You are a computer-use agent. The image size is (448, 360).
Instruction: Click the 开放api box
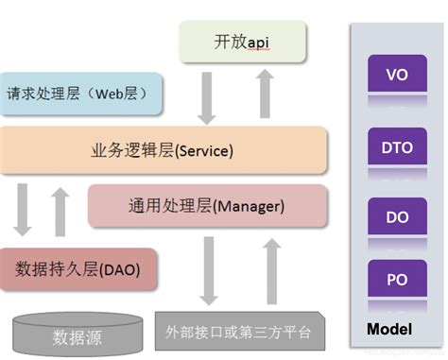pos(242,42)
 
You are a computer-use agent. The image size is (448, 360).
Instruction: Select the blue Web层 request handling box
pos(81,94)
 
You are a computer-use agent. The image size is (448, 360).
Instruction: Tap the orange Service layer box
pos(164,150)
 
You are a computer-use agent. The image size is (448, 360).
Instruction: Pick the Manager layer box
pos(207,206)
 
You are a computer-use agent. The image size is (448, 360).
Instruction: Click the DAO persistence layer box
pos(78,269)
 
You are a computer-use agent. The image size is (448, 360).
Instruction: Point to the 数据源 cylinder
pos(78,334)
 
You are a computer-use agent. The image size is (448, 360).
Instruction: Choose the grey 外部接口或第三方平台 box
pos(240,332)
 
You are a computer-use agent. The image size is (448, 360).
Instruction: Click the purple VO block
pos(397,74)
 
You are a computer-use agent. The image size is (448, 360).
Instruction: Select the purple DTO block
pos(397,146)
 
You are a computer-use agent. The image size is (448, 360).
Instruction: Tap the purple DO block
pos(397,216)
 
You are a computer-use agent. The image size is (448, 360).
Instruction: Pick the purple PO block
pos(397,279)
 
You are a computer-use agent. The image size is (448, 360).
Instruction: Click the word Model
pos(389,330)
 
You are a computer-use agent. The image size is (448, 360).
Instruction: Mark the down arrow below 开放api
pos(207,98)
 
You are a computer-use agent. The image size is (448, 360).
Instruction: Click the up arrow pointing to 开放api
pos(265,94)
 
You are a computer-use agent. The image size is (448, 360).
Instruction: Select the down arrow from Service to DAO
pos(22,210)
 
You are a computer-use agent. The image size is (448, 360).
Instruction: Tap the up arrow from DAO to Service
pos(60,212)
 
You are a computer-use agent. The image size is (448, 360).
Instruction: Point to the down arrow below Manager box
pos(209,271)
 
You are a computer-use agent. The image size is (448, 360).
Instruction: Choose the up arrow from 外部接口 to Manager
pos(272,271)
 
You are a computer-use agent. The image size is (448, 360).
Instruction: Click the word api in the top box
pos(258,43)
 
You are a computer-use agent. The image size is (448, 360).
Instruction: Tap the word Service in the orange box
pos(204,151)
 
